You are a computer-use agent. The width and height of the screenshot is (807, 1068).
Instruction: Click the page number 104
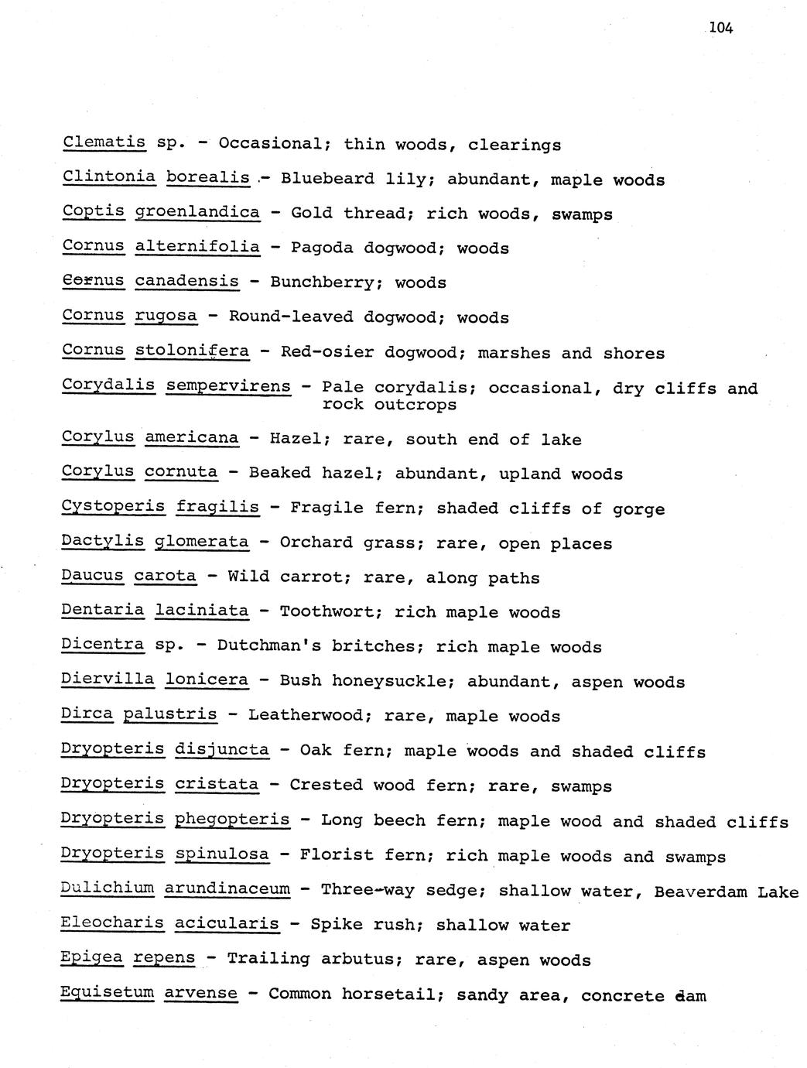[x=720, y=29]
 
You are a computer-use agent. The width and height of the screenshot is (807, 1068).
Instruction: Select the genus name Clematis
[x=104, y=143]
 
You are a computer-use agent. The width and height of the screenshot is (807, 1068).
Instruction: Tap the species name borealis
[x=207, y=178]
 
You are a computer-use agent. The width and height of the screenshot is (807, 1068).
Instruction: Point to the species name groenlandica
[x=197, y=213]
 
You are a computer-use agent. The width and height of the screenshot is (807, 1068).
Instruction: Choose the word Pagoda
[x=322, y=248]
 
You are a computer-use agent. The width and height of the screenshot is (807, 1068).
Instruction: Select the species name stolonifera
[x=192, y=351]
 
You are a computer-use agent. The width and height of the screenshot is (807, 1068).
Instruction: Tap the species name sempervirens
[x=228, y=386]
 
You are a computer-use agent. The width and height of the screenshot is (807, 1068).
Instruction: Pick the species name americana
[x=192, y=438]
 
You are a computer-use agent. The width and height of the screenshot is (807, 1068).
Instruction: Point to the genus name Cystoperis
[x=113, y=507]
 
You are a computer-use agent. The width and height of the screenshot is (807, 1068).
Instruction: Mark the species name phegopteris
[x=232, y=820]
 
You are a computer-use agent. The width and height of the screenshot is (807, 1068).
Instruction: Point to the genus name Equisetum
[x=107, y=993]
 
